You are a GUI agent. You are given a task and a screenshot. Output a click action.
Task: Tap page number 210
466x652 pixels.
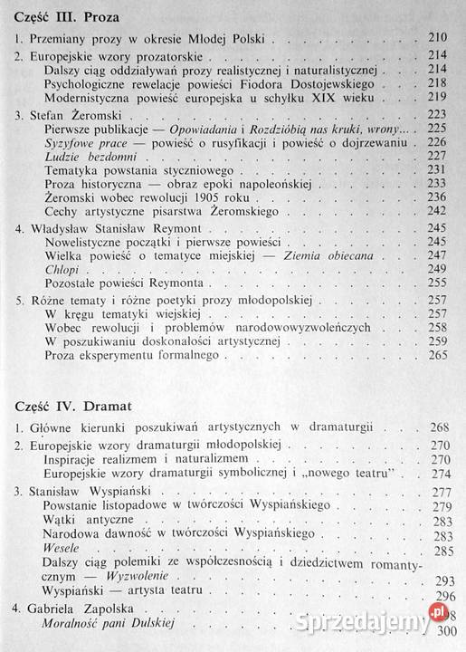click(x=435, y=39)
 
